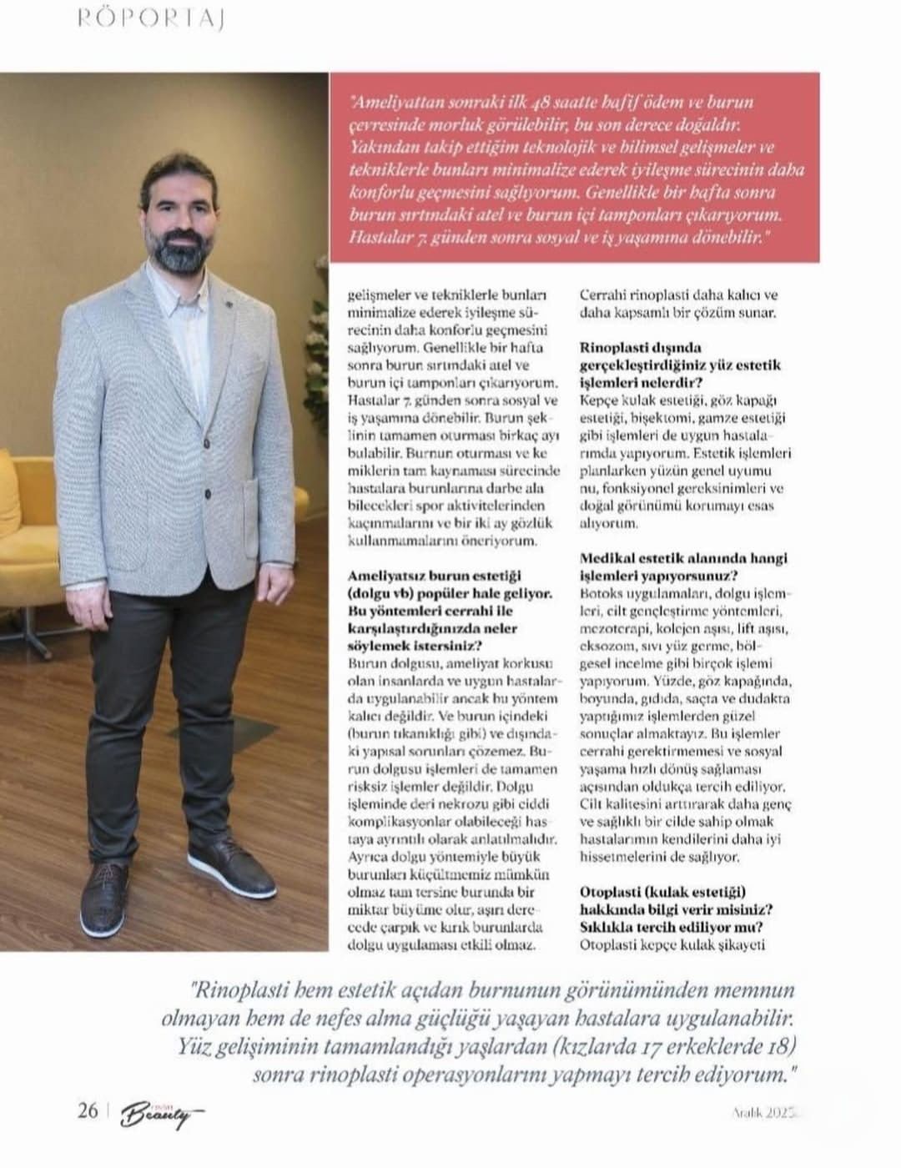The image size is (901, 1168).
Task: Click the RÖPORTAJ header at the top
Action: pyautogui.click(x=151, y=19)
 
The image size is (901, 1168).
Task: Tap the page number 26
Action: pyautogui.click(x=87, y=1111)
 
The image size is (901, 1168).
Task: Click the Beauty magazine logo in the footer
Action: pyautogui.click(x=159, y=1115)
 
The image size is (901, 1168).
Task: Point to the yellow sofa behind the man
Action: pyautogui.click(x=33, y=517)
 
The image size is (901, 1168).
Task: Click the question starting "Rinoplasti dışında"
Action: pyautogui.click(x=641, y=348)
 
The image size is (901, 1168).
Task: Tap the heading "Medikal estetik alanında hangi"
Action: pyautogui.click(x=683, y=558)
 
